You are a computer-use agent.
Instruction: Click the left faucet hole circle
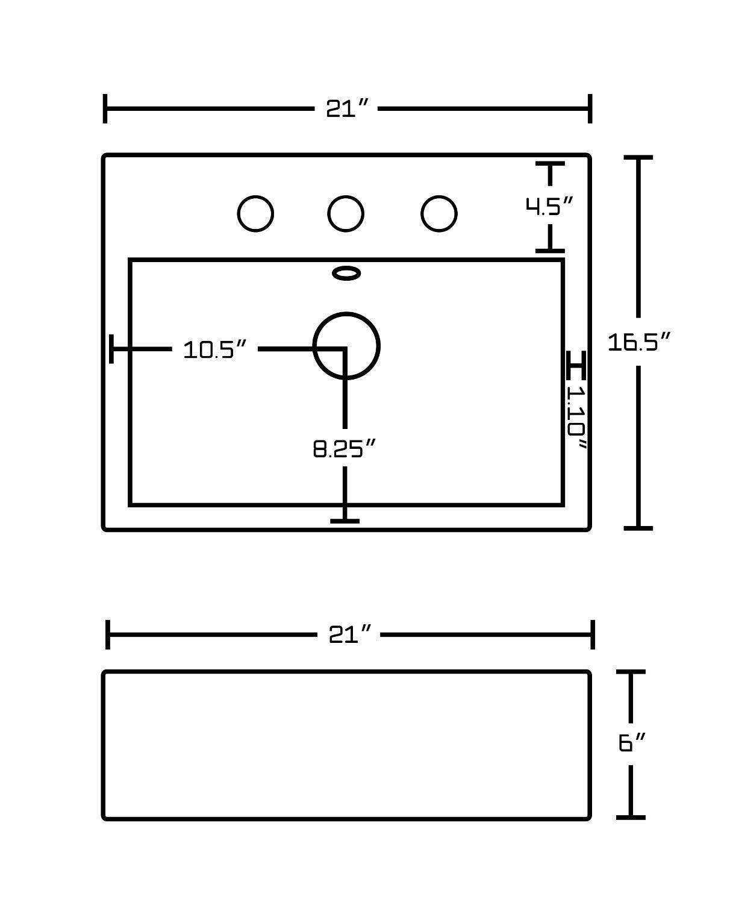click(255, 213)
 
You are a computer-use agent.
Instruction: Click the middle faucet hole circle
click(346, 213)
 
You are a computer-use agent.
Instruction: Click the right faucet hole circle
click(439, 213)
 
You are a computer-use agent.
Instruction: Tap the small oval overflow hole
click(347, 274)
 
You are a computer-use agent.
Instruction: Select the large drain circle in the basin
click(346, 346)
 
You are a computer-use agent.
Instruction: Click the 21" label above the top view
click(347, 109)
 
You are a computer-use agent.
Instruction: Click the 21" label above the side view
click(349, 634)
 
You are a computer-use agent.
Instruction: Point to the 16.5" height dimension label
click(638, 342)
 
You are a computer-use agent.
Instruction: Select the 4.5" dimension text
click(548, 207)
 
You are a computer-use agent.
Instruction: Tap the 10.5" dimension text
click(215, 349)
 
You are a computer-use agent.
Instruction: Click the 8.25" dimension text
click(345, 449)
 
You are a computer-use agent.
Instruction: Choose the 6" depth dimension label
click(632, 743)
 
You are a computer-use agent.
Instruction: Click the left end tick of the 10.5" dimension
click(112, 349)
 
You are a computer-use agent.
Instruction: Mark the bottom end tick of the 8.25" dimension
click(345, 521)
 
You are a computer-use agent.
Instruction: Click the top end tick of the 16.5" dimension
click(638, 158)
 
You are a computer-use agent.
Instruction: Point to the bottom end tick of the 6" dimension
click(631, 817)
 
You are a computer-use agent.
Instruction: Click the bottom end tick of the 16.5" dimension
click(638, 528)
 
